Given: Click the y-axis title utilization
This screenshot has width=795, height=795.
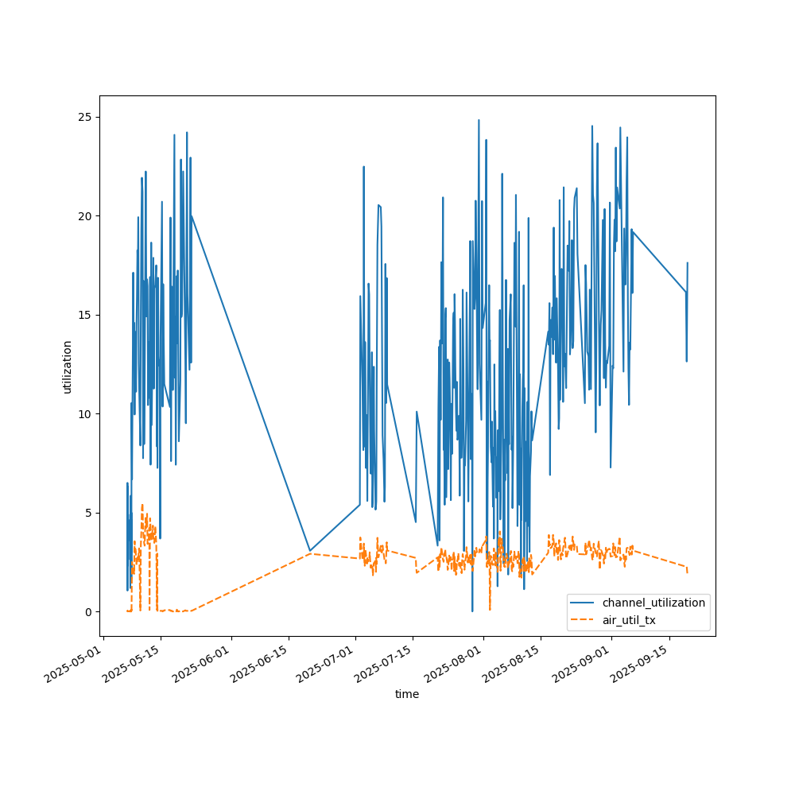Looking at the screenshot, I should (68, 366).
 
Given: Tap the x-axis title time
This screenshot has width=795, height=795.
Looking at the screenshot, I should (407, 694).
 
